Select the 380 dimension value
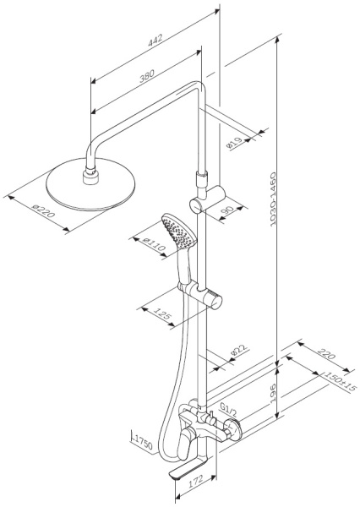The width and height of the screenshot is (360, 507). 146,76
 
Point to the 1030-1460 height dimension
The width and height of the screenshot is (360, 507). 273,199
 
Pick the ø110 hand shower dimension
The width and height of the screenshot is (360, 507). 155,245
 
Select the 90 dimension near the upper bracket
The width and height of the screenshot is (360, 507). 228,210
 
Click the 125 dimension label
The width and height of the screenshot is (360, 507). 162,314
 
